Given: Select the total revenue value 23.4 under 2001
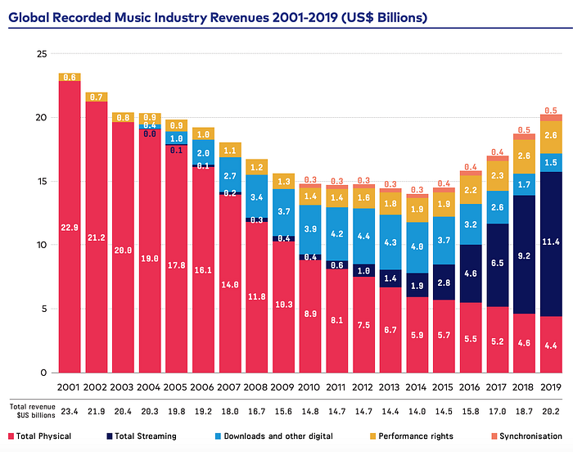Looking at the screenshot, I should (x=69, y=410).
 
